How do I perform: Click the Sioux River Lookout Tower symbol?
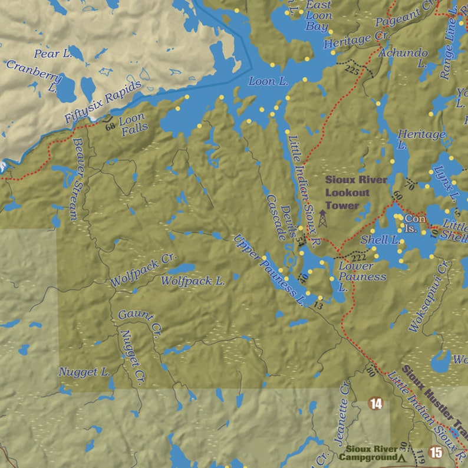[322, 219]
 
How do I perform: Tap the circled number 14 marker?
[375, 404]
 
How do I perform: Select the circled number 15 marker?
[436, 452]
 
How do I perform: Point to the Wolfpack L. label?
[193, 282]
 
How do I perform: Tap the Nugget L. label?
[84, 372]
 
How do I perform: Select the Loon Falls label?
[132, 126]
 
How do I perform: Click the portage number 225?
[352, 70]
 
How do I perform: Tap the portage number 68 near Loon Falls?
[110, 127]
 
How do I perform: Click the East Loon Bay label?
[318, 16]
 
